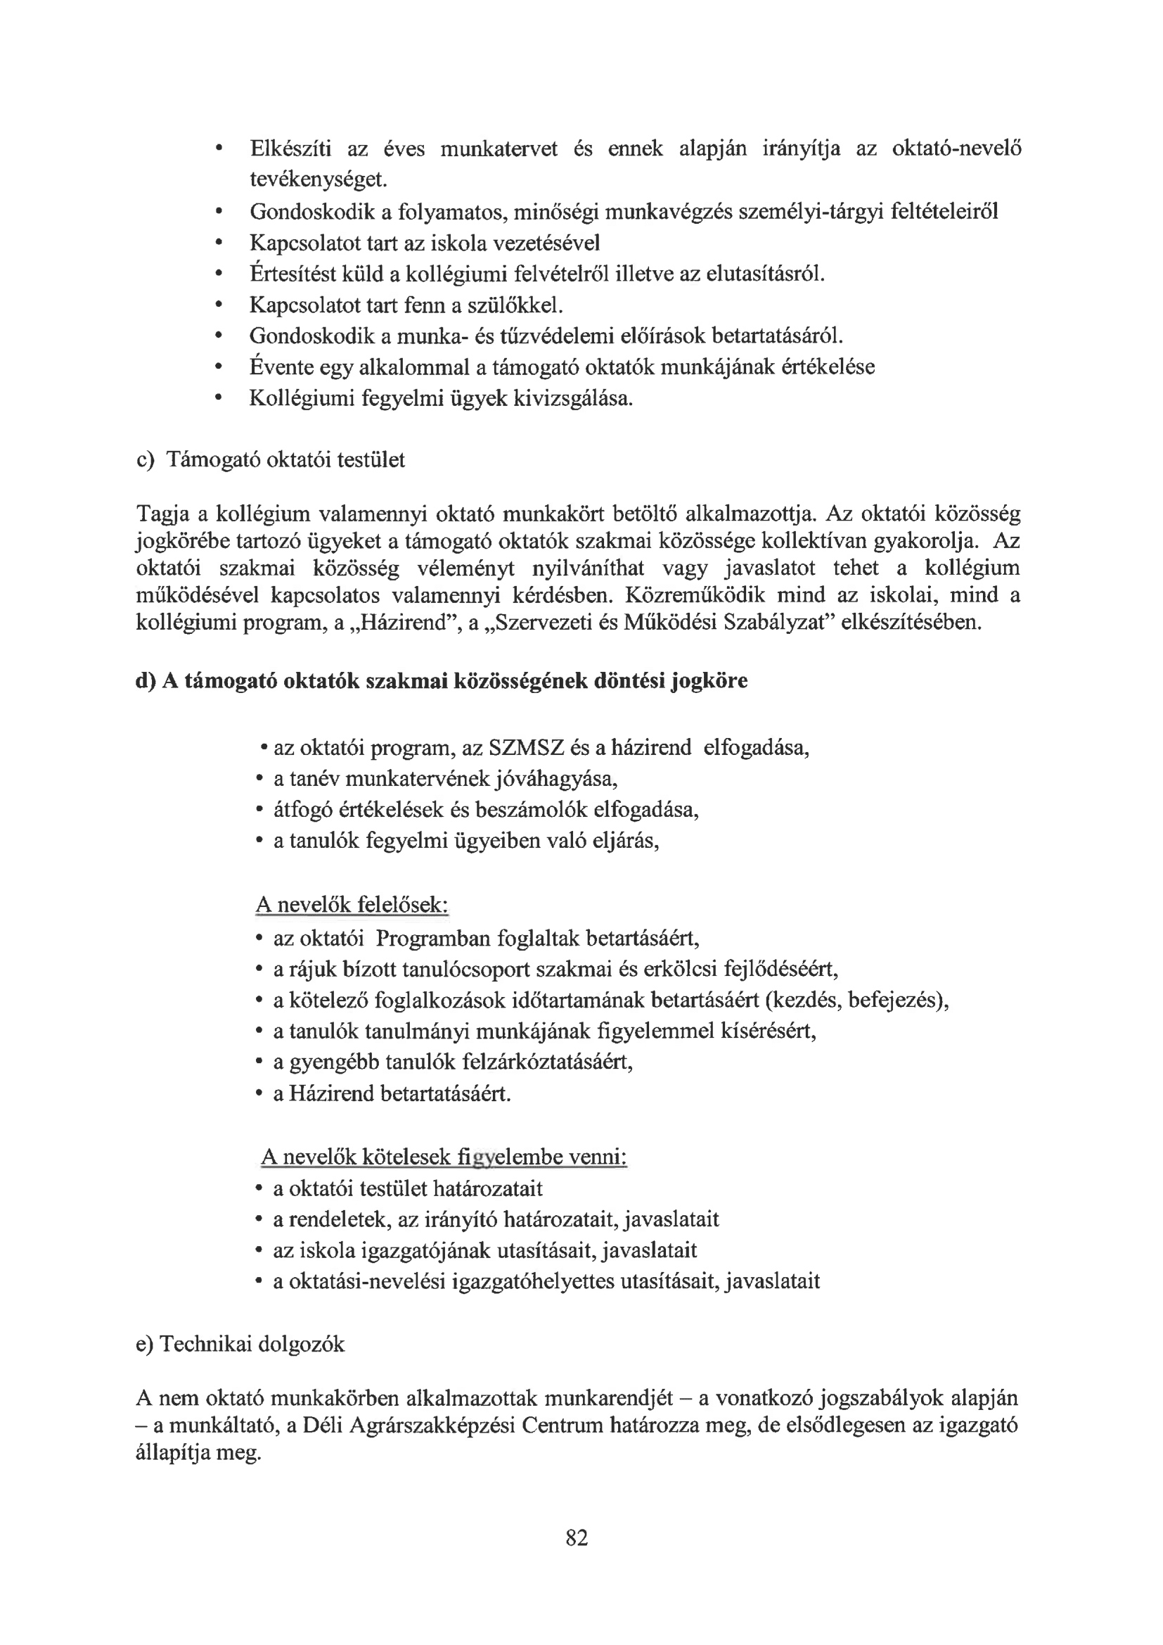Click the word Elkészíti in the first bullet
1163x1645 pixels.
tap(290, 149)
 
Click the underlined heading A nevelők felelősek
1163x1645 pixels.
tap(352, 906)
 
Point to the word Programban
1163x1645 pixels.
tap(432, 938)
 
